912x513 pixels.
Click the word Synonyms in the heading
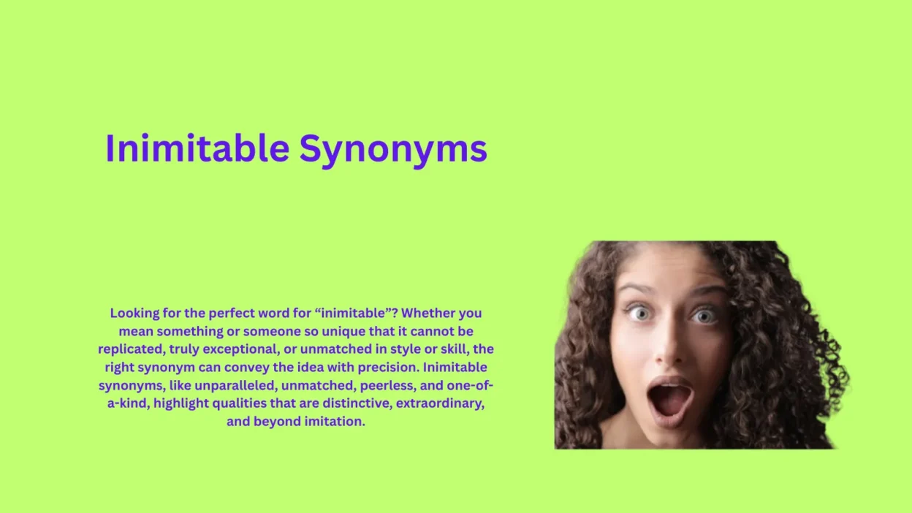[392, 149]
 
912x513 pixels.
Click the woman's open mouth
[669, 399]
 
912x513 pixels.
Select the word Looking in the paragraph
[134, 313]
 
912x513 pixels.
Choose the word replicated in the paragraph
[129, 349]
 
